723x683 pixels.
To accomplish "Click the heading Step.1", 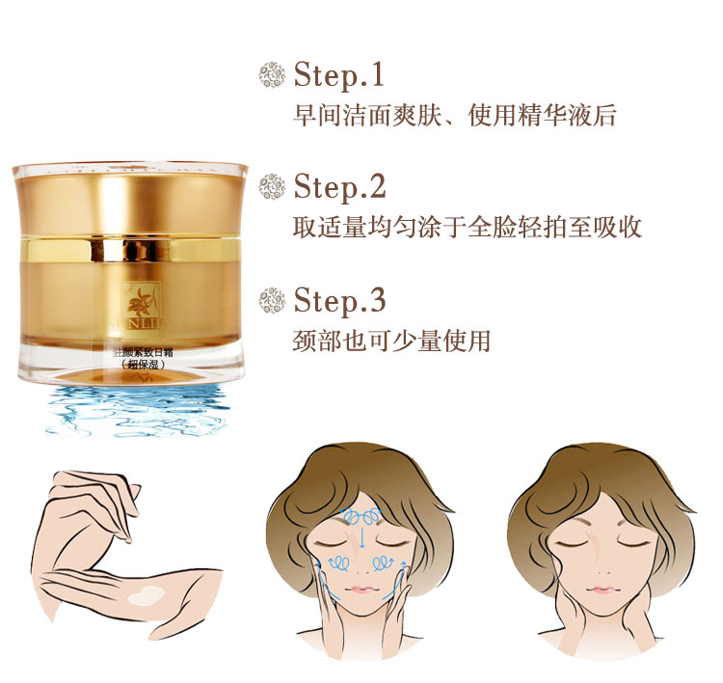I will pos(338,74).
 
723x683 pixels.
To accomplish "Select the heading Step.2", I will pos(340,185).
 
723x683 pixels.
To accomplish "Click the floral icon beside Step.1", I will pos(274,74).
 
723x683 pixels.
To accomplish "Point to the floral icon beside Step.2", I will pos(274,185).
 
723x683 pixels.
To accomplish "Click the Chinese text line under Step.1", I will pos(454,116).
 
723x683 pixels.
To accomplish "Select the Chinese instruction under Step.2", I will pos(467,228).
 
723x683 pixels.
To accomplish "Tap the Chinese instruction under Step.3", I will pos(391,341).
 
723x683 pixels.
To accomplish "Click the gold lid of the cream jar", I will pos(131,198).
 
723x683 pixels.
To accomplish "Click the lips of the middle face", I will pos(361,590).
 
